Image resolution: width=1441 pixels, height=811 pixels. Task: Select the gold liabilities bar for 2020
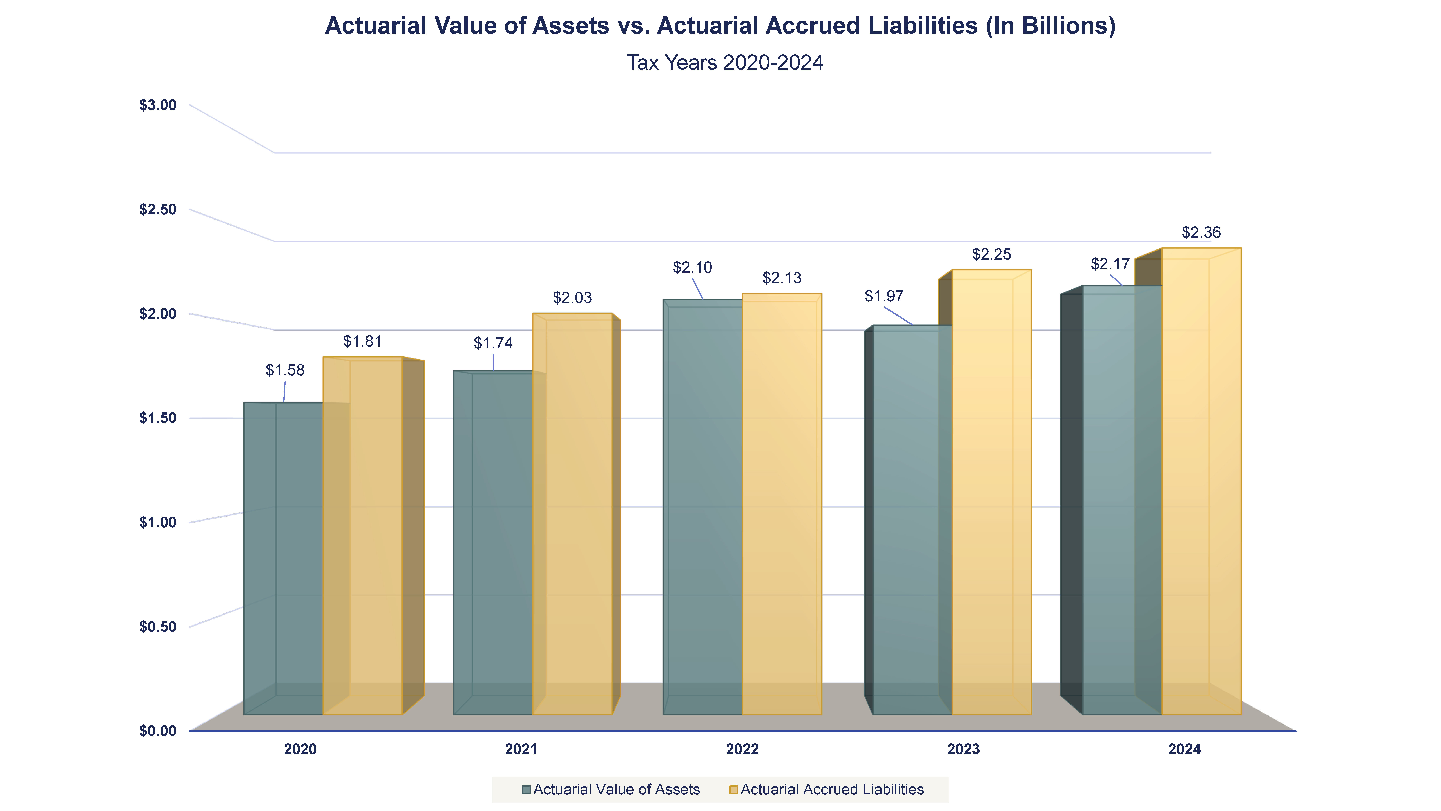click(369, 537)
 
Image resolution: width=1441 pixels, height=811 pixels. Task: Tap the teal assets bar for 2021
click(492, 543)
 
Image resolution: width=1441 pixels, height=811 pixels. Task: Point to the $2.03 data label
click(572, 298)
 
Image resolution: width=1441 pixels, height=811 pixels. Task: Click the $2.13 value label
click(782, 278)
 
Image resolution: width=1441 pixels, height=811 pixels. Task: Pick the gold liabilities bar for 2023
click(991, 493)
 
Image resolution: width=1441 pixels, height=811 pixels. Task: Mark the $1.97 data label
click(884, 296)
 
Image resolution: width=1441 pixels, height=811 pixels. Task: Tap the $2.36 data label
click(1201, 232)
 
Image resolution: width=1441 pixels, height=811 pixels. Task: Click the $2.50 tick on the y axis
click(158, 209)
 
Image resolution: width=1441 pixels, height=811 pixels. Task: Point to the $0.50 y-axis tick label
click(158, 626)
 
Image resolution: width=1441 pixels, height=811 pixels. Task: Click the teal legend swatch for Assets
click(526, 790)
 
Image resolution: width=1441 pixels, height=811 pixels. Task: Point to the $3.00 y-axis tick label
click(158, 105)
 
